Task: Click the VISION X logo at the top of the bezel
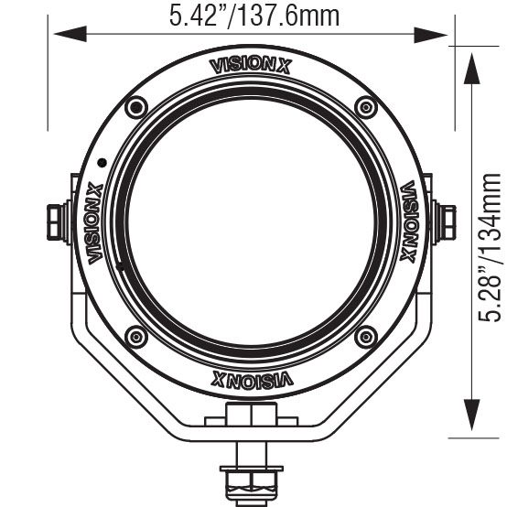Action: [x=251, y=64]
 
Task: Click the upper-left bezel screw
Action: [x=136, y=107]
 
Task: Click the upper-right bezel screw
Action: [x=365, y=107]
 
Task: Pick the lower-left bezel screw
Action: [x=136, y=336]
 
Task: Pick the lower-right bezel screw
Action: [x=365, y=336]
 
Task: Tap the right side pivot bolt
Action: [x=448, y=221]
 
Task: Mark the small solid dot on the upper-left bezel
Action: [x=102, y=161]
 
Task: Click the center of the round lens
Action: [x=251, y=222]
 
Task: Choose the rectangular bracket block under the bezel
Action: [x=251, y=417]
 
